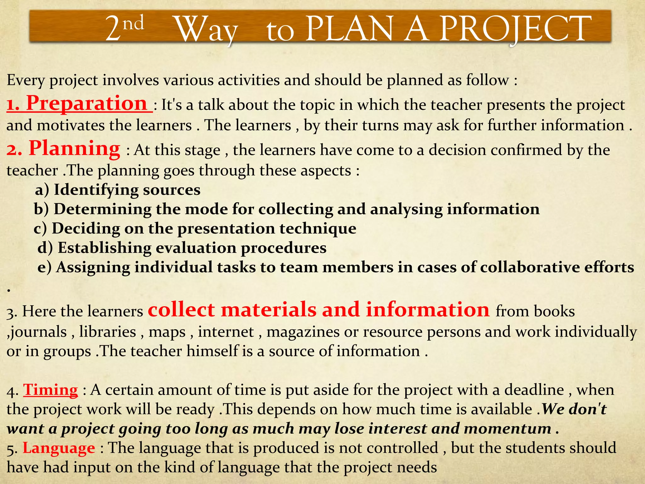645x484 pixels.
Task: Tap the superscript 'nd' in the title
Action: click(x=133, y=23)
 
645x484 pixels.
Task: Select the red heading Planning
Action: click(x=74, y=148)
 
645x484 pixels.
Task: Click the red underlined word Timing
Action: click(x=51, y=390)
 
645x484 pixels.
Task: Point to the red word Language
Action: click(x=59, y=448)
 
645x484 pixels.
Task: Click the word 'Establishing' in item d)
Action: click(x=104, y=248)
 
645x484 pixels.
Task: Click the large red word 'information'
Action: click(x=428, y=309)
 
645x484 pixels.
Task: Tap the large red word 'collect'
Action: click(x=181, y=309)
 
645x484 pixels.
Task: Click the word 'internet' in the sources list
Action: click(x=226, y=332)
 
